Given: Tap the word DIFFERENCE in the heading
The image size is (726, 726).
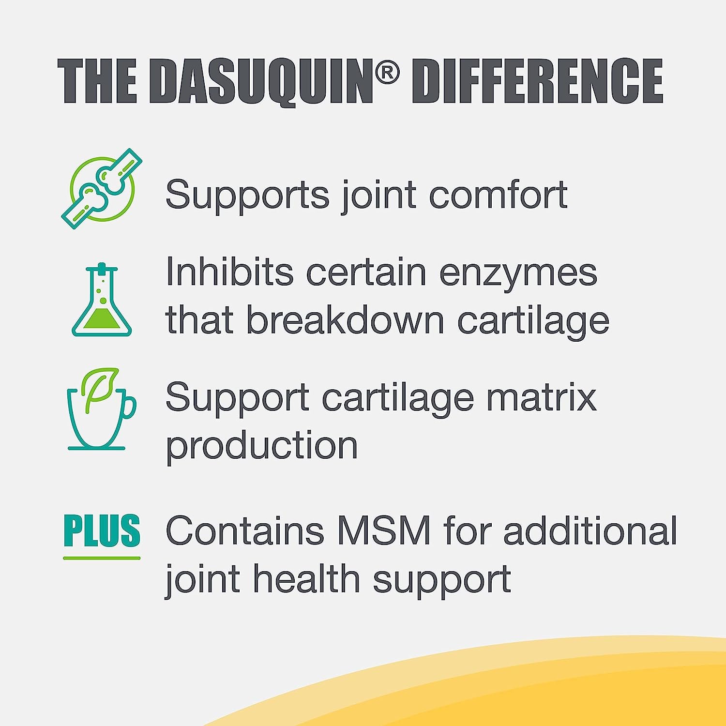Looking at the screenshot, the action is tap(537, 81).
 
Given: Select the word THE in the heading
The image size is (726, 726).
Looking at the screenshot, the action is tap(98, 81).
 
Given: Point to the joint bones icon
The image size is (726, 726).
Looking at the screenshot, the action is tap(102, 189).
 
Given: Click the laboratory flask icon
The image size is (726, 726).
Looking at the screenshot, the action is tap(102, 300).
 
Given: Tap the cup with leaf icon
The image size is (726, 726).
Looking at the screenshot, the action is tap(102, 409).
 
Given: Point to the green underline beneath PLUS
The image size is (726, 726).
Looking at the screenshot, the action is tap(102, 558).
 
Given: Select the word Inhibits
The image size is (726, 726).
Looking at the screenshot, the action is tap(229, 272).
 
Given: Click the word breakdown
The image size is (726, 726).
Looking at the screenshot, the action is tap(346, 320).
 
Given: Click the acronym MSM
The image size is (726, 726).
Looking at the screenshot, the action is tap(384, 530).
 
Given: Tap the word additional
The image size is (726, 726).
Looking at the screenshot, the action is tap(590, 530).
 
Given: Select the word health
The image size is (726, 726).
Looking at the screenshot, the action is tap(307, 579).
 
